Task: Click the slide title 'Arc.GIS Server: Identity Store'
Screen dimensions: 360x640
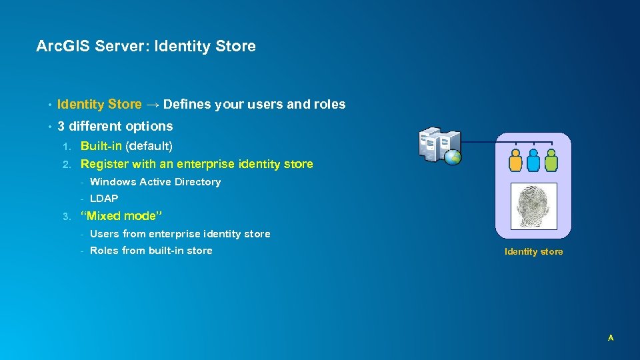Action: point(146,47)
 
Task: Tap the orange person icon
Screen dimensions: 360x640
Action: point(515,161)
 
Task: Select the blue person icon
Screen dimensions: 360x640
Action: point(533,161)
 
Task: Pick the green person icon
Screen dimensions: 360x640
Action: point(551,161)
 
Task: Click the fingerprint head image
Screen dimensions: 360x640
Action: point(533,207)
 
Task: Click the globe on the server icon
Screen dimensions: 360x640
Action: point(455,158)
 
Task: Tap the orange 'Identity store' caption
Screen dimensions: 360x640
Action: point(533,251)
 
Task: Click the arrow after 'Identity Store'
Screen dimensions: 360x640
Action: point(152,105)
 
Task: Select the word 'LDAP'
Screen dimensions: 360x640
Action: point(104,199)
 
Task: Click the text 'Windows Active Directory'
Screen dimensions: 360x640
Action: point(155,182)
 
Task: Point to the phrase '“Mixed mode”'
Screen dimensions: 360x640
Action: point(121,216)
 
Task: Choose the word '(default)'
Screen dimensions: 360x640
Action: point(149,146)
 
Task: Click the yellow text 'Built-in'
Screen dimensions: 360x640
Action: point(101,146)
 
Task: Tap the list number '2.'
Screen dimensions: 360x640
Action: point(66,164)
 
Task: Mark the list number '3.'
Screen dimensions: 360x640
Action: point(66,216)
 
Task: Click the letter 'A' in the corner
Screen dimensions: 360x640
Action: point(610,339)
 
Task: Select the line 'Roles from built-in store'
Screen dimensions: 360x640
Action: point(151,251)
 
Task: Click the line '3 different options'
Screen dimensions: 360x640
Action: point(115,127)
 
